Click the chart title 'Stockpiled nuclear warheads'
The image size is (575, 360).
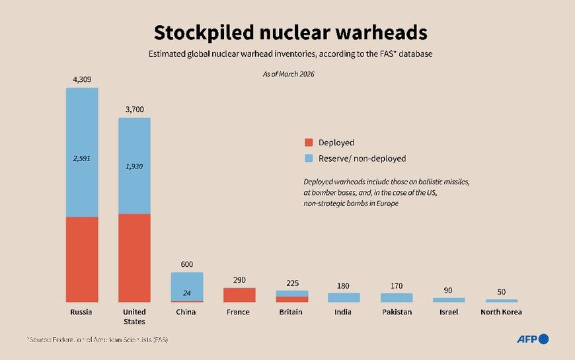coord(290,32)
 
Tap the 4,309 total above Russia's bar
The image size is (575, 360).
coord(82,79)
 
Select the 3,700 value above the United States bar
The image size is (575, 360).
coord(134,109)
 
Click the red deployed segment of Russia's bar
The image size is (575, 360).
coord(82,259)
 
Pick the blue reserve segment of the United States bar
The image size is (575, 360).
coord(134,165)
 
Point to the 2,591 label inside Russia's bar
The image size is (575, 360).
coord(82,159)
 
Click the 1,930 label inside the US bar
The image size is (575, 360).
coord(134,166)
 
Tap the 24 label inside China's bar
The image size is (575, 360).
coord(187,293)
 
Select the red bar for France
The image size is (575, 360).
coord(239,295)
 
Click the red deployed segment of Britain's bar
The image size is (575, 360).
coord(292,299)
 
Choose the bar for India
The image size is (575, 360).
coord(344,297)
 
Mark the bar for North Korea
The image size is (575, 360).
coord(502,301)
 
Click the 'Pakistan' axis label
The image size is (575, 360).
coord(397,312)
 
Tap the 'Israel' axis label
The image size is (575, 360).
coord(449,312)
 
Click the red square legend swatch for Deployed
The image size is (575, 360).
coord(309,143)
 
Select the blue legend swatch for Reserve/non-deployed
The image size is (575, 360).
coord(309,159)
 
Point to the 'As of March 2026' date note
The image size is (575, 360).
coord(289,74)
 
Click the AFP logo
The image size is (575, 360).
coord(532,339)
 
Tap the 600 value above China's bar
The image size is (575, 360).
coord(187,264)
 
